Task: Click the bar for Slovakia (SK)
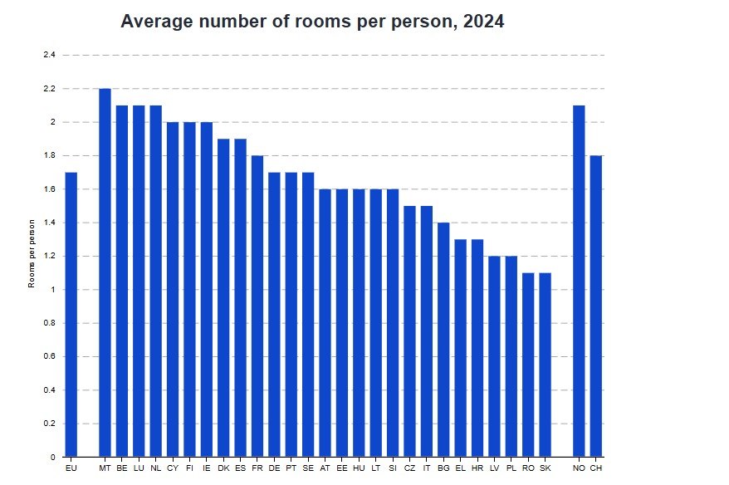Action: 545,365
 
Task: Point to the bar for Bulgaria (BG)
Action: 443,340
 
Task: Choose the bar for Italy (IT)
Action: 427,331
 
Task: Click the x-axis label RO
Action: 528,469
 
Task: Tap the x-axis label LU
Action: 139,469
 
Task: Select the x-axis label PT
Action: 291,469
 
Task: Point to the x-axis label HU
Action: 359,469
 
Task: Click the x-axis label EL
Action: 460,469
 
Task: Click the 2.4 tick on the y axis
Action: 49,55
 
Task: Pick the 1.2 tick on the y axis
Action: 49,256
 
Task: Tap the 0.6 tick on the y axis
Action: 49,356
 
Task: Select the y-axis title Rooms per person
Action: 32,253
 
